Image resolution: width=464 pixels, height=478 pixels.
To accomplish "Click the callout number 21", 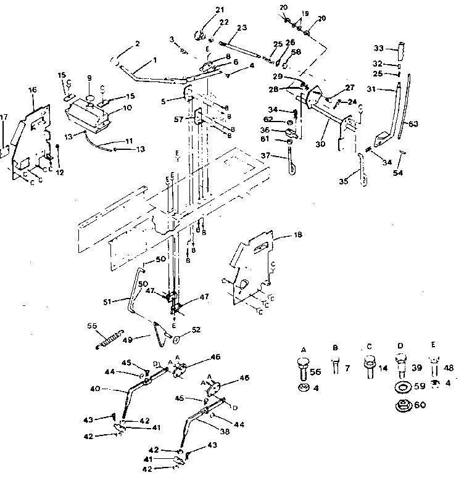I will pyautogui.click(x=204, y=9).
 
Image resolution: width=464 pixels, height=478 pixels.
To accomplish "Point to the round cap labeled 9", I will pyautogui.click(x=90, y=99).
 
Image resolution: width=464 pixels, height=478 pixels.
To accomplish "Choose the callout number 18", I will pyautogui.click(x=281, y=235).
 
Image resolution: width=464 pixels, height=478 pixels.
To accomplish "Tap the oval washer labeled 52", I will pyautogui.click(x=176, y=339).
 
